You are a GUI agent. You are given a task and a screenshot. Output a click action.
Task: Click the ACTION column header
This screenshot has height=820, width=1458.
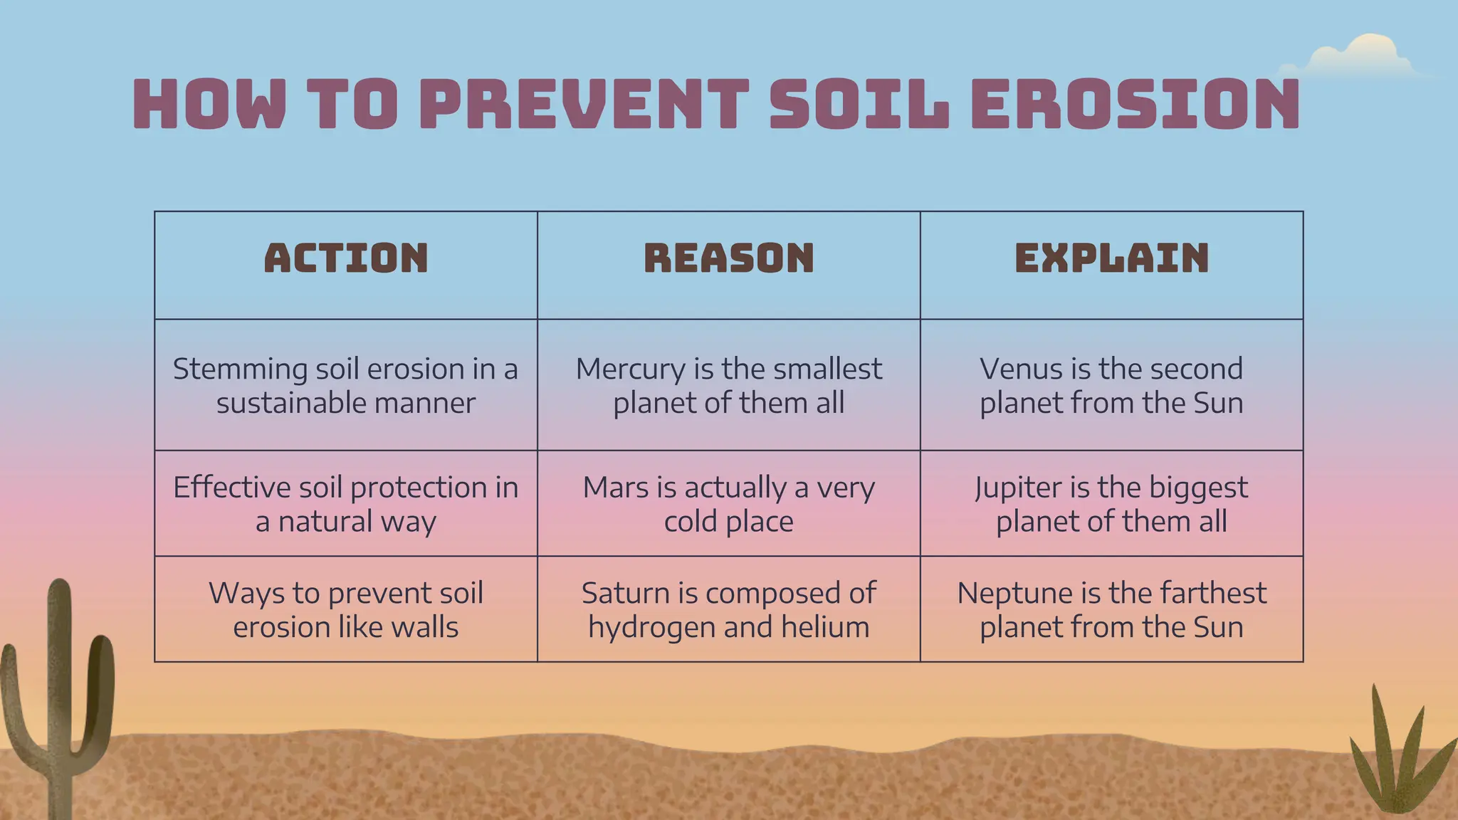tap(346, 258)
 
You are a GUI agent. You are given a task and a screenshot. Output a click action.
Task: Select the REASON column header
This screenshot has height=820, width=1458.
tap(728, 258)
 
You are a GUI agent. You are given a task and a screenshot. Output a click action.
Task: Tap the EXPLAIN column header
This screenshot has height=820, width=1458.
tap(1111, 258)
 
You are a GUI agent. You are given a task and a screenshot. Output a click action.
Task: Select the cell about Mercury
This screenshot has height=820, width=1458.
tap(728, 385)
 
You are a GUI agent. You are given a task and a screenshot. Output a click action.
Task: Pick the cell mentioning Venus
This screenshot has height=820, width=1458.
tap(1111, 385)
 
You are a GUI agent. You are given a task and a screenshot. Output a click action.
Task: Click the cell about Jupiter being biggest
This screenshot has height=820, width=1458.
tap(1111, 503)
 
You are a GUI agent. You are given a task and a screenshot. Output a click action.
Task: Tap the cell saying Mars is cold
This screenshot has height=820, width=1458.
tap(728, 503)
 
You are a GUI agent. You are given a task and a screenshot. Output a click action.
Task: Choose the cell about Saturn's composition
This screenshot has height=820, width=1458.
tap(728, 609)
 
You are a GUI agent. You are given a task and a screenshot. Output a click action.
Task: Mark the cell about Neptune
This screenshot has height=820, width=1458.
tap(1111, 609)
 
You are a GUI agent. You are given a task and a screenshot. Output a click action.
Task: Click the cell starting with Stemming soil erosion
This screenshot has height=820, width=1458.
tap(346, 385)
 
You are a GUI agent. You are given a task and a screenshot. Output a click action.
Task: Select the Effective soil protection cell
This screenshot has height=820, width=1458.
tap(346, 503)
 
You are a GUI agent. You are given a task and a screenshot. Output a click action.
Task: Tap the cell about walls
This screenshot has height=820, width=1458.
tap(346, 609)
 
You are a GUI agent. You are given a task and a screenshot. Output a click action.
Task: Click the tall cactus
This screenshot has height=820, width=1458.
tap(60, 698)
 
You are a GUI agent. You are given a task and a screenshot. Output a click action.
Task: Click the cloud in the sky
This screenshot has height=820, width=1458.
tap(1356, 56)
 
